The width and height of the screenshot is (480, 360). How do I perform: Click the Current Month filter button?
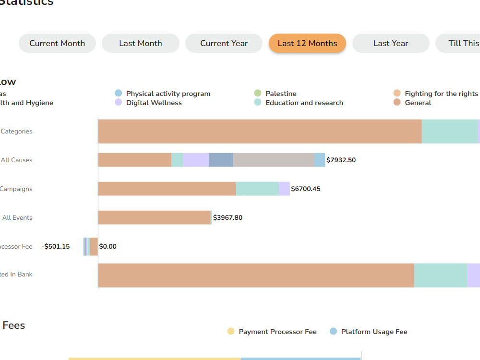coord(57,43)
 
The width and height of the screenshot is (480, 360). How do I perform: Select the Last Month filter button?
coord(140,43)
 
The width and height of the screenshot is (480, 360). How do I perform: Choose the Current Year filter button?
coord(224,43)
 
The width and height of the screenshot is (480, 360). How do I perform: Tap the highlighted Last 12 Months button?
coord(307,43)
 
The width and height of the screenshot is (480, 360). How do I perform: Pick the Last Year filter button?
coord(391,43)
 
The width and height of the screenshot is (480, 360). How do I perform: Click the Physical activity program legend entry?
coord(163,94)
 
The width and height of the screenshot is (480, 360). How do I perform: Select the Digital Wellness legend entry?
coord(148,103)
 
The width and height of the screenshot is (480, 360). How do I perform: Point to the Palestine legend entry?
coord(276,94)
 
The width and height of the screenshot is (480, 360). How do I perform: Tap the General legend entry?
coord(412,103)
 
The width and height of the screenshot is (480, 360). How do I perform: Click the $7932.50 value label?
coord(341,160)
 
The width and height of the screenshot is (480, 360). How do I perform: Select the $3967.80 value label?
coord(228,218)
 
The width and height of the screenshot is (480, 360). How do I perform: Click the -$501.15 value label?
coord(56,247)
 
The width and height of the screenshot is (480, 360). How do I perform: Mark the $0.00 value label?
coord(108,247)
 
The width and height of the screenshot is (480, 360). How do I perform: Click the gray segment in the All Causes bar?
coord(274,160)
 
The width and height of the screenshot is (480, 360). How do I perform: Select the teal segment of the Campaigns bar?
coord(257,189)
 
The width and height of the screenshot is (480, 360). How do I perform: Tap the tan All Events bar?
coord(154,218)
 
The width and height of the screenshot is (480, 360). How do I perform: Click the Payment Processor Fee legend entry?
coord(272,332)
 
